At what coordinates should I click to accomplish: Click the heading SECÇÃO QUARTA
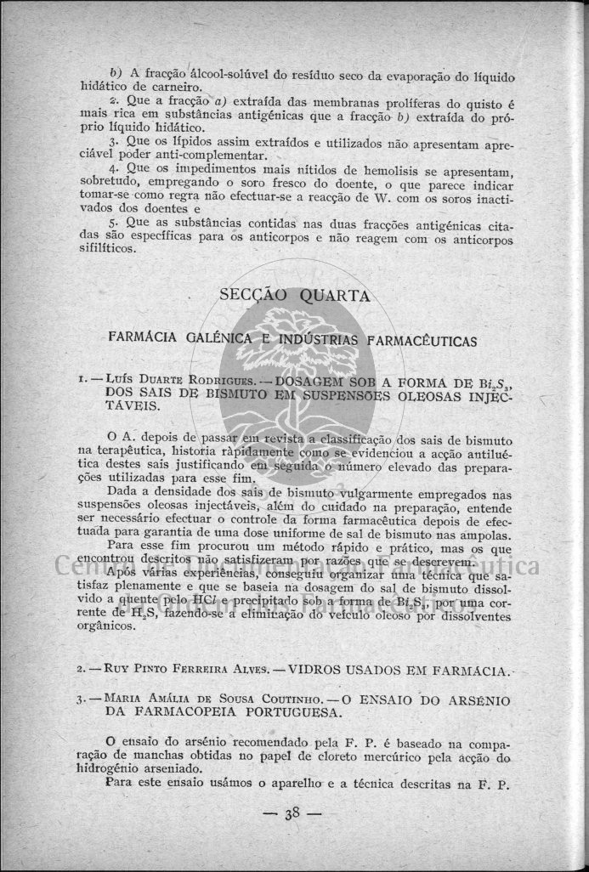[294, 296]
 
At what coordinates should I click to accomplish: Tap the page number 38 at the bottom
[294, 813]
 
